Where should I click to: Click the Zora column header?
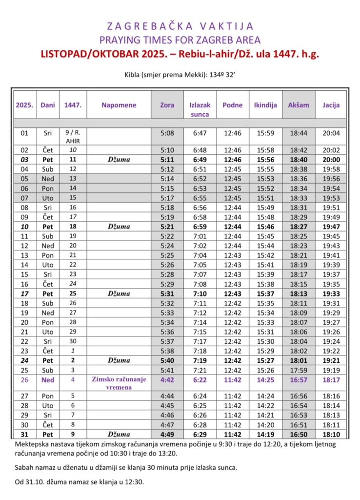pyautogui.click(x=167, y=105)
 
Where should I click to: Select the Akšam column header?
pyautogui.click(x=299, y=105)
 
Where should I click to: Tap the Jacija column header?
pyautogui.click(x=331, y=105)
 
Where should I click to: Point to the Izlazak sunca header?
pyautogui.click(x=200, y=109)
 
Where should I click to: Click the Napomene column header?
pyautogui.click(x=119, y=105)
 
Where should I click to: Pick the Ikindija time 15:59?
pyautogui.click(x=266, y=133)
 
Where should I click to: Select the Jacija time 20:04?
pyautogui.click(x=331, y=133)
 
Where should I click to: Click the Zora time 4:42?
pyautogui.click(x=167, y=379)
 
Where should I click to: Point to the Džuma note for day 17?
pyautogui.click(x=119, y=294)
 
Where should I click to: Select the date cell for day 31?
pyautogui.click(x=24, y=434)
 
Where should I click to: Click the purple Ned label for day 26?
pyautogui.click(x=48, y=379)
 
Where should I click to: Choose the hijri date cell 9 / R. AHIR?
pyautogui.click(x=73, y=136)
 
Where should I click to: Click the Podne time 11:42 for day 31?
pyautogui.click(x=233, y=434)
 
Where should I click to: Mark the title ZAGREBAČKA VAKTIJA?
pyautogui.click(x=180, y=26)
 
